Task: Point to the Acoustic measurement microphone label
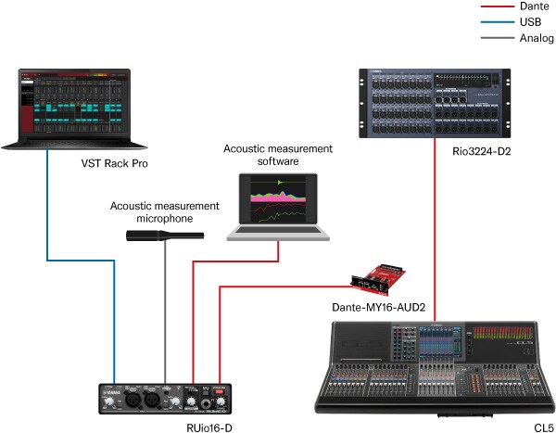click(165, 211)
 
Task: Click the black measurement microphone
click(158, 236)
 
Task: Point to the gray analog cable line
click(165, 315)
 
